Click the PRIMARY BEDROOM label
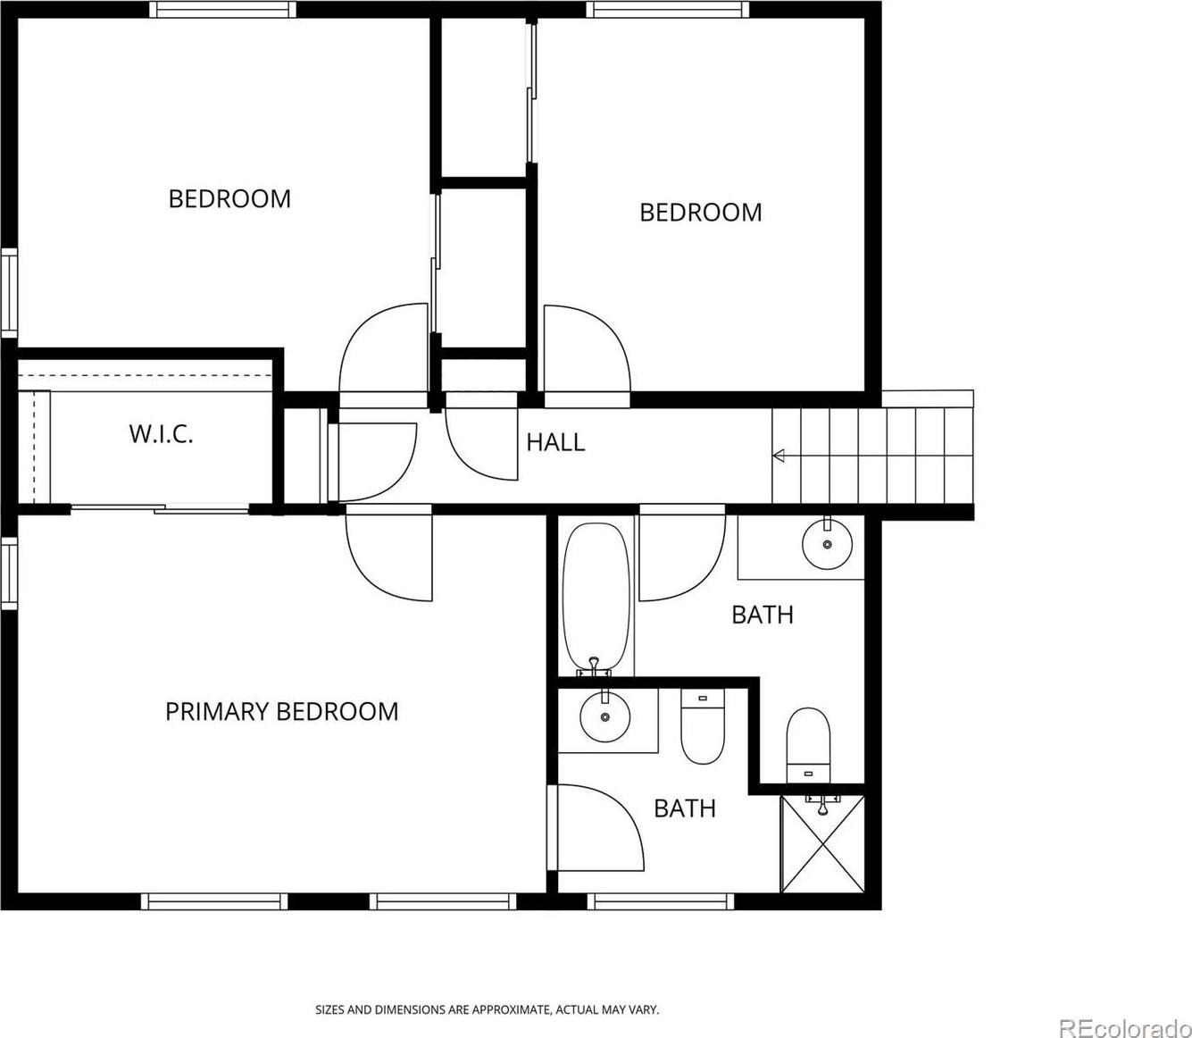pos(281,712)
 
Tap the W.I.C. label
pos(161,434)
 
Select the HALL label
pos(555,442)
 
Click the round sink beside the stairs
pos(828,544)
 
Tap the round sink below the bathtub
pos(604,716)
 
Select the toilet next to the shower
pos(808,746)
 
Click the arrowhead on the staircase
pos(779,456)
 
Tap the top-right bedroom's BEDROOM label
pos(701,213)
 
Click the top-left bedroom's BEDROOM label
pos(229,199)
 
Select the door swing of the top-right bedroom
pos(588,348)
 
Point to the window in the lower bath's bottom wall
pos(660,901)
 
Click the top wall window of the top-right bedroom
pos(668,9)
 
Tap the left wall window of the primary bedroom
pos(9,573)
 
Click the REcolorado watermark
pos(1124,1026)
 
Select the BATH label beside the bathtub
pos(763,615)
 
